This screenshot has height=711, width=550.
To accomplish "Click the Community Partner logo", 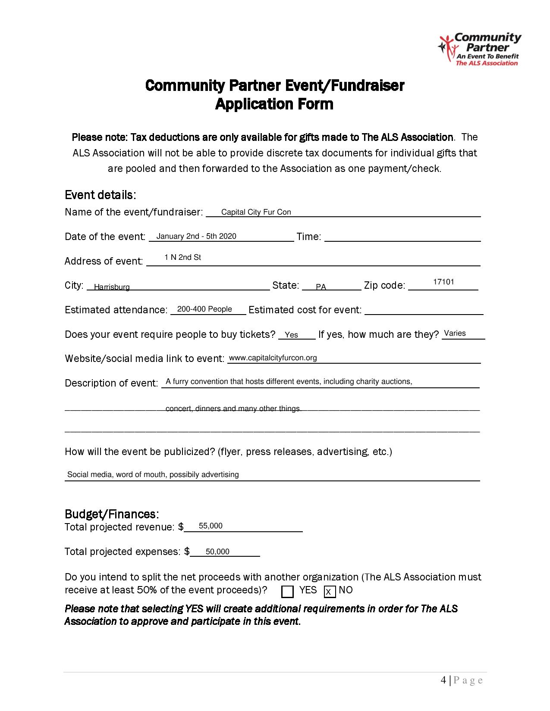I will pos(479,50).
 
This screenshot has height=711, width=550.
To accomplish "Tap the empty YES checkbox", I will pos(287,592).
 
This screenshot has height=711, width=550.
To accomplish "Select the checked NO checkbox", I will pos(329,592).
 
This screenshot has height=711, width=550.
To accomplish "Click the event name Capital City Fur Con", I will pos(256,212).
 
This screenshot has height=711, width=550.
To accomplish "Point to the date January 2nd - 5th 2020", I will pos(196,236).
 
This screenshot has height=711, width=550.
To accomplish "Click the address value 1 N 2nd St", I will pos(182,257).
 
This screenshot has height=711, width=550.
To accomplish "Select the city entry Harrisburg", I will pos(112,287).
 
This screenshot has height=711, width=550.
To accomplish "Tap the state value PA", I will pos(321,287).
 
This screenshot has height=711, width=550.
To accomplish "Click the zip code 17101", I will pos(443,282).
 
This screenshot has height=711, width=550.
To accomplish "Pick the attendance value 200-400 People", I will pos(204,309).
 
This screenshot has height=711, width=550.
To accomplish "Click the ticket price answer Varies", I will pos(455,333).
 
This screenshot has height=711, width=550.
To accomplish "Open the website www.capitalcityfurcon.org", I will pos(273,358).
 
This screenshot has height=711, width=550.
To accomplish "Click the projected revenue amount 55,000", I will pos(211,526).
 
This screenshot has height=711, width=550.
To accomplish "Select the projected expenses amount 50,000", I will pos(217,552).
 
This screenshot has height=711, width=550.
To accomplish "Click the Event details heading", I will pos(101,195).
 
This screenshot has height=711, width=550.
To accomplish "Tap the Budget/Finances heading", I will pos(112,514).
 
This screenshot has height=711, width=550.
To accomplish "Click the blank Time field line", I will pos(402,238).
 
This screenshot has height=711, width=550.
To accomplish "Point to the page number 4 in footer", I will pos(444,680).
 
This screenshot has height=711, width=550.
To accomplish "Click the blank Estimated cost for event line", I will pos(424,311).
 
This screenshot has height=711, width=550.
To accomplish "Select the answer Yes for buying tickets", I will pos(292,335).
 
